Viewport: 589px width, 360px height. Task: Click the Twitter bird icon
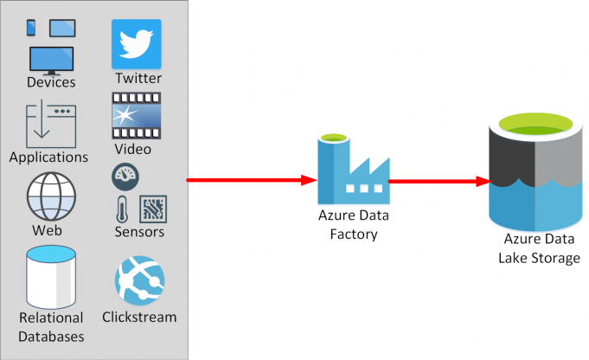pos(137,43)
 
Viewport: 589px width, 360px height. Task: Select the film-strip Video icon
pos(137,116)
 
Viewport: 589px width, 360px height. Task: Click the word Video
pos(132,149)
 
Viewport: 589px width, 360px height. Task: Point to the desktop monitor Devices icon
pos(51,59)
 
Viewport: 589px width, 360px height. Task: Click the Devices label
pos(51,82)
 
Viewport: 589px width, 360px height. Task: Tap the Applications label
pos(48,157)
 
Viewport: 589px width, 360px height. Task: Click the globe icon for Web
pos(48,197)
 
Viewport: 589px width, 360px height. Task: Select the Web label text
pos(47,231)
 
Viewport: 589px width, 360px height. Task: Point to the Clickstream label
pos(139,317)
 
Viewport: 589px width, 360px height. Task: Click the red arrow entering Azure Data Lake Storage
pos(441,182)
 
